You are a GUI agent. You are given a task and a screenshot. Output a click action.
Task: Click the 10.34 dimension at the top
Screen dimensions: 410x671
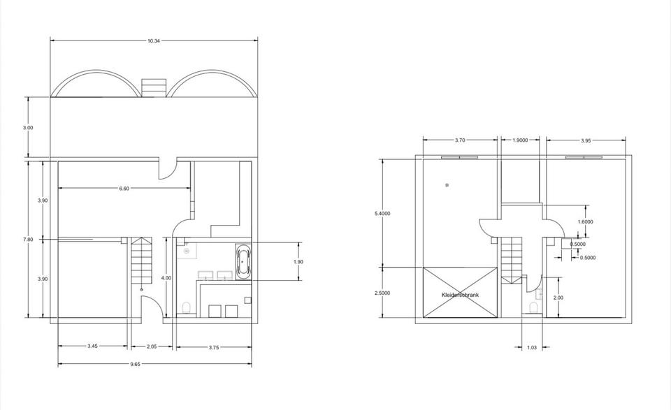(154, 41)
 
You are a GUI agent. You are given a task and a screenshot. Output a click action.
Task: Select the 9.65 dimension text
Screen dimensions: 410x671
(154, 365)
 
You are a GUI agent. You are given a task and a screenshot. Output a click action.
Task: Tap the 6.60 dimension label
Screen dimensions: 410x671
(124, 189)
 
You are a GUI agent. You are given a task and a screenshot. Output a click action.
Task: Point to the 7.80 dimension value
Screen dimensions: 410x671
(27, 240)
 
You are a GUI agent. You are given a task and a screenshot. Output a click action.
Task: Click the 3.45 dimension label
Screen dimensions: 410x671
(93, 346)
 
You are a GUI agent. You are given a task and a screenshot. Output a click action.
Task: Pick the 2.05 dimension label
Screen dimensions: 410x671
(152, 346)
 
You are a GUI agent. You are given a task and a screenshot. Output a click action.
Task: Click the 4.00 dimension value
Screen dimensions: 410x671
(166, 278)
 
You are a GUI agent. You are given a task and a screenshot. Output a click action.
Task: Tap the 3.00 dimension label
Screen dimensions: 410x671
(27, 128)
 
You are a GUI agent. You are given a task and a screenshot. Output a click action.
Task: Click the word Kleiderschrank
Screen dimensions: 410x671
(460, 295)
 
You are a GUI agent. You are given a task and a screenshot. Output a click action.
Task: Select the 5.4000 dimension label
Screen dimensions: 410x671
(382, 213)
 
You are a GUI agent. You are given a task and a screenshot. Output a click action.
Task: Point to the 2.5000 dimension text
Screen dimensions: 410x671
(382, 293)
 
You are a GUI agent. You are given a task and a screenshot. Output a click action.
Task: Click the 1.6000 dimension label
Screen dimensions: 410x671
(585, 221)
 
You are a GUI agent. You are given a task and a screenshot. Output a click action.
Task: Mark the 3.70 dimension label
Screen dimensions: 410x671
(460, 140)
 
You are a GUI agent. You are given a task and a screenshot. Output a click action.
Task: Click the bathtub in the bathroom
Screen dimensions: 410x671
(243, 262)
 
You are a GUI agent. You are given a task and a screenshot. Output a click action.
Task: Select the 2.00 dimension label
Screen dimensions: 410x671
(558, 298)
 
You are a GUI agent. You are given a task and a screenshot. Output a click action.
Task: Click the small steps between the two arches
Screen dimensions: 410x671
(153, 87)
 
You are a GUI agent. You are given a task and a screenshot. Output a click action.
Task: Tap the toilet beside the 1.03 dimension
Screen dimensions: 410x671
(534, 307)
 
